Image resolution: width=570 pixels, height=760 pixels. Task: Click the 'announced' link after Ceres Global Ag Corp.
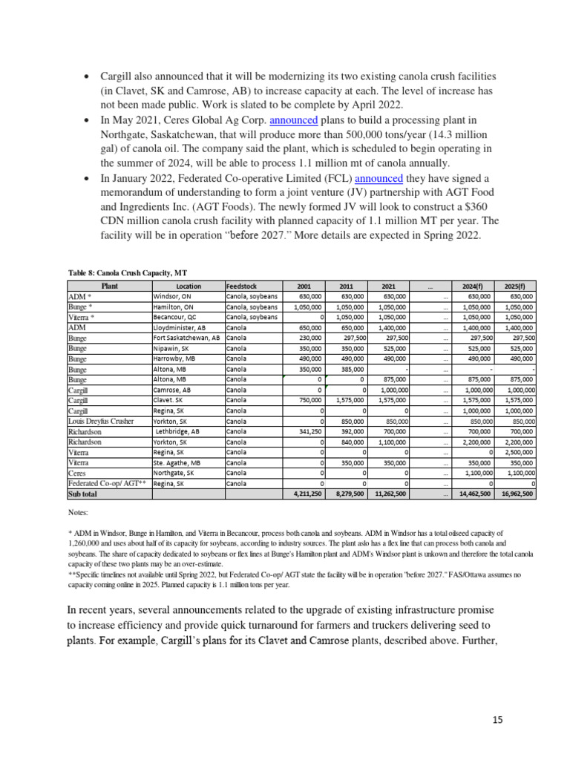point(293,120)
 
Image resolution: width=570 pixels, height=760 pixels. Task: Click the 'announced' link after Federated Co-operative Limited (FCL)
point(379,178)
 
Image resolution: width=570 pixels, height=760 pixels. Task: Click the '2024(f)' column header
point(474,286)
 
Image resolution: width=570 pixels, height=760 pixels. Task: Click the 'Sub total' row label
point(82,494)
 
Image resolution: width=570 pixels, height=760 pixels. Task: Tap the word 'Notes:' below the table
point(77,512)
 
